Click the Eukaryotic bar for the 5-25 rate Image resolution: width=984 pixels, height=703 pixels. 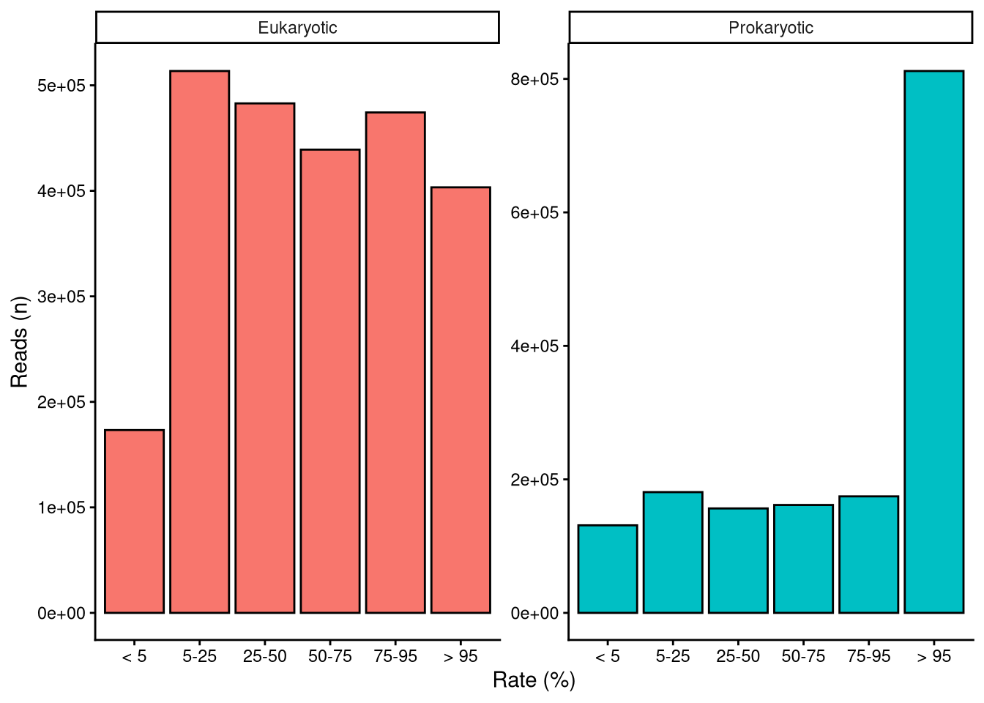(x=199, y=341)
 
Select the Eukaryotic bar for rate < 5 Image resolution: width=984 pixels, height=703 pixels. (x=134, y=521)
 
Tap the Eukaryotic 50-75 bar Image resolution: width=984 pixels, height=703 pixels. (x=329, y=381)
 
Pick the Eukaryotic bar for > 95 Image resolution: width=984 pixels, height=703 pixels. (x=461, y=400)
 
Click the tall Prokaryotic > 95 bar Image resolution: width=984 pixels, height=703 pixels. (x=933, y=341)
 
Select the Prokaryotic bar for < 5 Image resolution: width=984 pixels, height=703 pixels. (x=607, y=569)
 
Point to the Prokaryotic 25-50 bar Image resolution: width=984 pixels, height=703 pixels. (x=738, y=560)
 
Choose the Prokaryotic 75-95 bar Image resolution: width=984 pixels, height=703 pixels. (x=868, y=554)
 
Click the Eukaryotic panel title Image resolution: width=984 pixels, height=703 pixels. (x=297, y=28)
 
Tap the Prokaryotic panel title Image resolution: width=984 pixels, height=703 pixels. (x=770, y=28)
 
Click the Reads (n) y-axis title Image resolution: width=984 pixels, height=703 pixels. (x=19, y=341)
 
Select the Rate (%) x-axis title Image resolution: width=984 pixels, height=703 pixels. (x=534, y=680)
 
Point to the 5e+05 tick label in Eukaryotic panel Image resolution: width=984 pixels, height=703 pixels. (x=61, y=86)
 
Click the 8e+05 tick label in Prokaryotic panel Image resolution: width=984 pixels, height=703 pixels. (x=534, y=79)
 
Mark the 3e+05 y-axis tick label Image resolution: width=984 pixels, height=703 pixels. (x=61, y=297)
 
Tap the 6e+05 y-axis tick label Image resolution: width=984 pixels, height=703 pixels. (x=534, y=213)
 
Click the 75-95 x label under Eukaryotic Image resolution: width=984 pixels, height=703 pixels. (x=395, y=656)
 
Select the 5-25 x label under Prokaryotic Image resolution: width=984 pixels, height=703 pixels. (x=673, y=656)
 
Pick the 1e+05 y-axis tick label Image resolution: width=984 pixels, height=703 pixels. (x=61, y=507)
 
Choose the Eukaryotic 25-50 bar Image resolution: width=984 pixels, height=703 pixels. (x=264, y=357)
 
